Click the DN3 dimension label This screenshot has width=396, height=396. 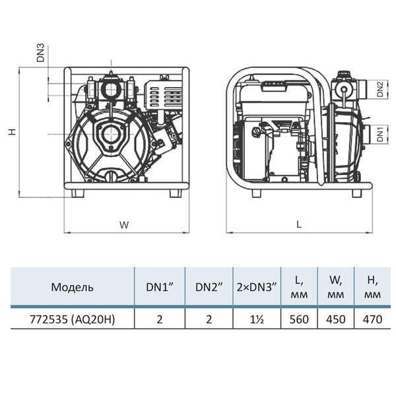coord(40,53)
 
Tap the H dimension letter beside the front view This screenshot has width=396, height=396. coord(12,131)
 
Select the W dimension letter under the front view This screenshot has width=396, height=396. coord(124,225)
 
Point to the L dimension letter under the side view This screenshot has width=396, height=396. coord(299,224)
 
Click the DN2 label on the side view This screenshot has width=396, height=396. coord(380,89)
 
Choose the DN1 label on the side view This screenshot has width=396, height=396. coord(380,135)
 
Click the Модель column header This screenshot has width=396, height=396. coord(72,287)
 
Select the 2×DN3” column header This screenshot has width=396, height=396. coord(257,287)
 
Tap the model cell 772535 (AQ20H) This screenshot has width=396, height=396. coord(72,319)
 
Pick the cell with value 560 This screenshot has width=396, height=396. coord(299,319)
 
